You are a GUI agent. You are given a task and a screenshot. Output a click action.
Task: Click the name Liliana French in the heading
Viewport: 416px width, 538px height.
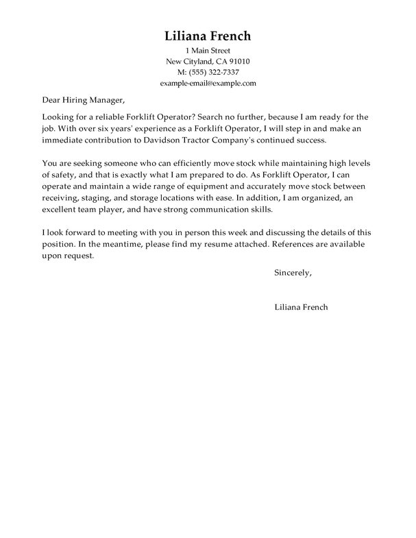pyautogui.click(x=208, y=36)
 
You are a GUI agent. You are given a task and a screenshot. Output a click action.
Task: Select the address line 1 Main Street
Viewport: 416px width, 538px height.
pyautogui.click(x=208, y=51)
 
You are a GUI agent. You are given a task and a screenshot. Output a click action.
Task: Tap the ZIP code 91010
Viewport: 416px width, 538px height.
pyautogui.click(x=238, y=62)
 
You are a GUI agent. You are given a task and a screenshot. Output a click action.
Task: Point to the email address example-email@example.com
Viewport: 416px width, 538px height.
pyautogui.click(x=208, y=83)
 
